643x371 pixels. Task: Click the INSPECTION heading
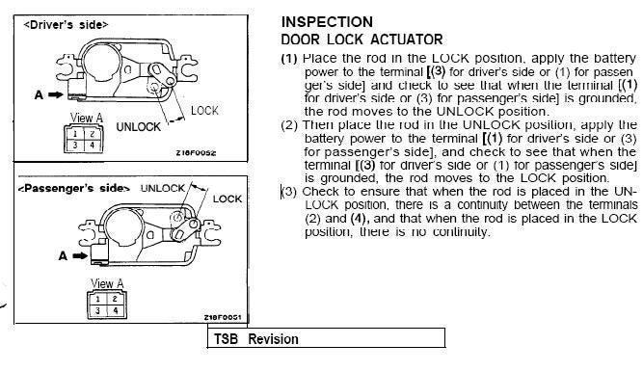pyautogui.click(x=328, y=21)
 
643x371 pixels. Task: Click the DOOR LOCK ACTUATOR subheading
pyautogui.click(x=362, y=40)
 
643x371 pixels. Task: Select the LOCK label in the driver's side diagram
pyautogui.click(x=204, y=111)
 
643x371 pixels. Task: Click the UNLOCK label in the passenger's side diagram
pyautogui.click(x=162, y=189)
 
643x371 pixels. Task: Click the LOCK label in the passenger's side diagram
pyautogui.click(x=228, y=199)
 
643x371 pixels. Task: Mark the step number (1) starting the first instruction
pyautogui.click(x=289, y=58)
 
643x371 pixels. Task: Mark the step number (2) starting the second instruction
pyautogui.click(x=290, y=124)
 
